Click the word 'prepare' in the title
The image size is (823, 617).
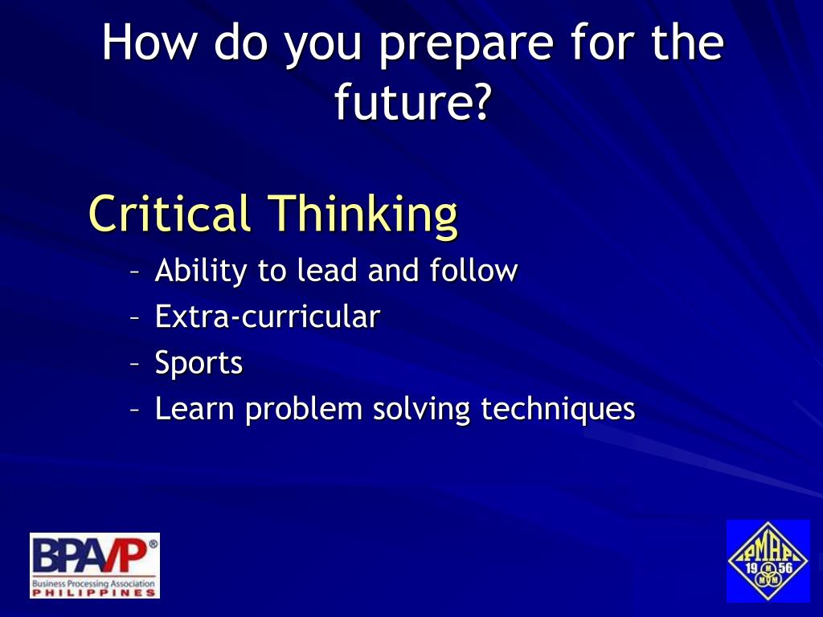(x=466, y=45)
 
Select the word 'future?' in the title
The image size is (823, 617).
(x=413, y=100)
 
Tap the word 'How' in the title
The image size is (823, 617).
(x=148, y=42)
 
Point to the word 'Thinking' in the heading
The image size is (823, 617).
(x=363, y=216)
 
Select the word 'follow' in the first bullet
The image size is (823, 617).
(x=473, y=270)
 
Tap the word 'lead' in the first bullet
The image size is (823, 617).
(x=328, y=270)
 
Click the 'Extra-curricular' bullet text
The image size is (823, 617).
(x=267, y=317)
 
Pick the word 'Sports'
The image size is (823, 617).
(x=199, y=363)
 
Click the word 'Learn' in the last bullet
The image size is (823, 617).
(x=194, y=409)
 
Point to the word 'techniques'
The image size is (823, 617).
(x=558, y=410)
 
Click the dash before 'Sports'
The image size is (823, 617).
(x=135, y=364)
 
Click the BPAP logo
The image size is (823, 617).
(x=95, y=566)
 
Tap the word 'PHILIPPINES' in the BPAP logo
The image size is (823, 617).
(x=95, y=593)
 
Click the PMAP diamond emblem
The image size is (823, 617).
(x=768, y=561)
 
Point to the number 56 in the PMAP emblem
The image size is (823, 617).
(x=785, y=568)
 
